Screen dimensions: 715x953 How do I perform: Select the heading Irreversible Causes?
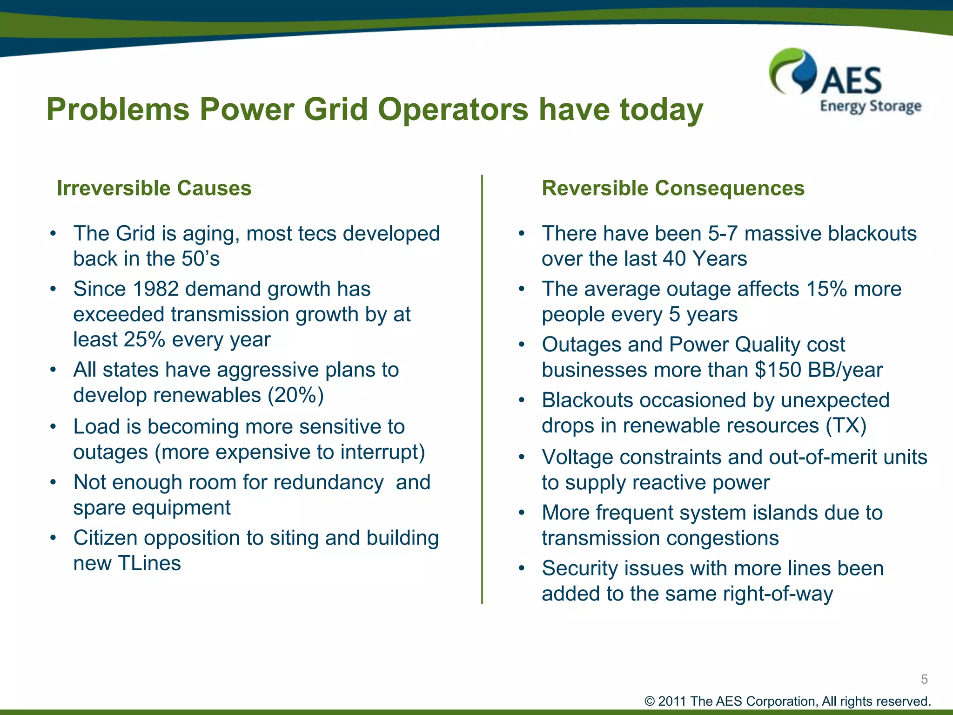(x=154, y=189)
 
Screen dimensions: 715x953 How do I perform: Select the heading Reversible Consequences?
(x=673, y=189)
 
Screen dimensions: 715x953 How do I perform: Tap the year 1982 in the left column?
(x=156, y=289)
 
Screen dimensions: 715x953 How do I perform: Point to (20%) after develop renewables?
(x=295, y=396)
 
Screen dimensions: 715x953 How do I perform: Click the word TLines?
(x=149, y=564)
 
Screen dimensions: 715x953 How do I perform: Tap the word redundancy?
(x=329, y=483)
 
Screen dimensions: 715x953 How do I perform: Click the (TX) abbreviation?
(x=846, y=426)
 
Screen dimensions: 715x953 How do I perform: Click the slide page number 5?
(x=924, y=679)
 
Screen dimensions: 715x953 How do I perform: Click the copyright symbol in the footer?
(x=650, y=702)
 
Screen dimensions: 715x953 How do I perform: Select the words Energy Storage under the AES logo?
(x=870, y=106)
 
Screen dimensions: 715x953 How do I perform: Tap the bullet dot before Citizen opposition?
(x=54, y=538)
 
